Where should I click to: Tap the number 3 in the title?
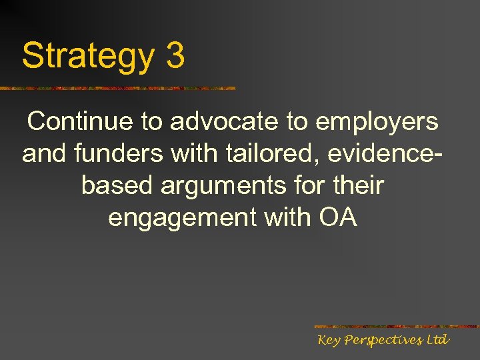[x=175, y=56]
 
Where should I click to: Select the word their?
[x=358, y=185]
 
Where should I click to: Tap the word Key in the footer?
[x=329, y=341]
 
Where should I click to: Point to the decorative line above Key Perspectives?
[x=396, y=327]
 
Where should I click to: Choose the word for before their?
[x=309, y=185]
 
